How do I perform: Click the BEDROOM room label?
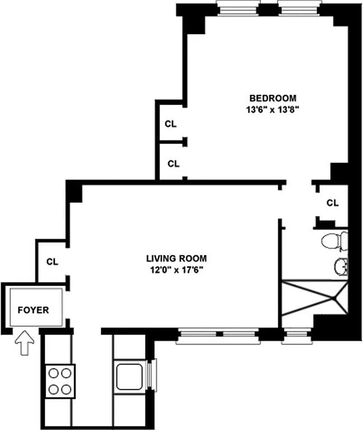pyautogui.click(x=273, y=98)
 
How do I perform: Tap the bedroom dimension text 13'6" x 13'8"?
pyautogui.click(x=273, y=109)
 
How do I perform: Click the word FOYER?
pyautogui.click(x=33, y=310)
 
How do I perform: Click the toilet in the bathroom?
pyautogui.click(x=334, y=242)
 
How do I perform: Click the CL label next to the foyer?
pyautogui.click(x=52, y=262)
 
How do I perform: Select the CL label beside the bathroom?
pyautogui.click(x=333, y=203)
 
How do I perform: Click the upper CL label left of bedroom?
pyautogui.click(x=171, y=124)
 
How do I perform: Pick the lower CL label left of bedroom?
pyautogui.click(x=173, y=163)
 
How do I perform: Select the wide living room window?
pyautogui.click(x=219, y=335)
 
